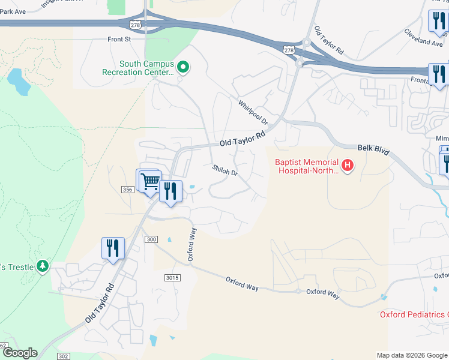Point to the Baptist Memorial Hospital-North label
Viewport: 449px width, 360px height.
306,166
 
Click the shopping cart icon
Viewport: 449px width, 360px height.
151,181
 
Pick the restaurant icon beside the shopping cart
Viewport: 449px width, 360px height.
171,191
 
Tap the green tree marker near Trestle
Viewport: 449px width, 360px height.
42,265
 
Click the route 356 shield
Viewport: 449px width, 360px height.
127,190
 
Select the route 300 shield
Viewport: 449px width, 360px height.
151,239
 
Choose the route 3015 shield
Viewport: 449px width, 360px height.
172,277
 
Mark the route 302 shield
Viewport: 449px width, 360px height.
64,356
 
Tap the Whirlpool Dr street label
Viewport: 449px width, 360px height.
253,112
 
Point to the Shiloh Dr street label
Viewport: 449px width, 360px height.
225,170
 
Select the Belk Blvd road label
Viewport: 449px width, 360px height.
373,149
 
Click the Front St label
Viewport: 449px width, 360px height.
119,40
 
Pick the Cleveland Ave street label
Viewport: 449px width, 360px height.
423,38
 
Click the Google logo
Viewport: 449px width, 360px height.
19,353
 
